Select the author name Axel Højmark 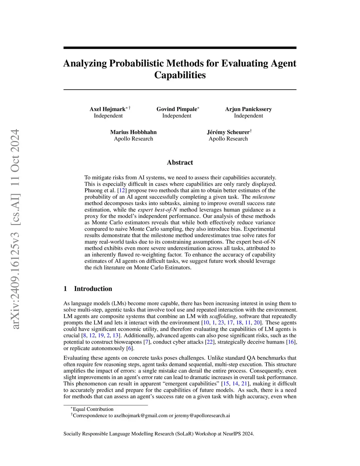(107, 109)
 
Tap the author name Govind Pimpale (176, 109)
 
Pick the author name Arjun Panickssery (248, 109)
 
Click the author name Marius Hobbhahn (133, 132)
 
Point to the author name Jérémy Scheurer (228, 132)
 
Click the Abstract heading (180, 162)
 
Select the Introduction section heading (93, 289)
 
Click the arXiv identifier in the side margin (15, 229)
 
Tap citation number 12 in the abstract (121, 191)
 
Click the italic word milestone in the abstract (264, 197)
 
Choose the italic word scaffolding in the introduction (223, 316)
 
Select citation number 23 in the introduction (221, 323)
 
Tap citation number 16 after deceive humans (291, 342)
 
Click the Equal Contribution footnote (93, 409)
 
